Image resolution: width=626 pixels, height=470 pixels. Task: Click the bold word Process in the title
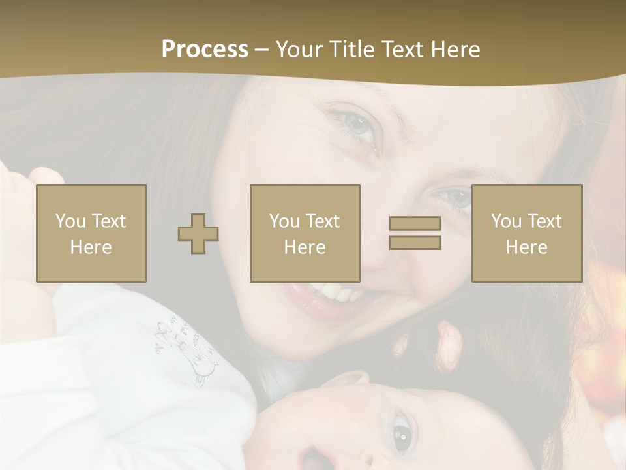[205, 49]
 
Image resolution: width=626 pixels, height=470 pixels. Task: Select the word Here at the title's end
[456, 49]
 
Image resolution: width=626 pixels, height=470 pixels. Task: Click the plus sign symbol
[198, 234]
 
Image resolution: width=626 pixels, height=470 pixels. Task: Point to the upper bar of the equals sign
[415, 224]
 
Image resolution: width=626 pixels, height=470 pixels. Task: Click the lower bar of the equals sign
[415, 243]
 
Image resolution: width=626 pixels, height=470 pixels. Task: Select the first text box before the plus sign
[91, 234]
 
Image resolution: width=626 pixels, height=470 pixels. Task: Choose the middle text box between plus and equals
[305, 234]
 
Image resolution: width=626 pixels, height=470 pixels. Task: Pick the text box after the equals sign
[526, 234]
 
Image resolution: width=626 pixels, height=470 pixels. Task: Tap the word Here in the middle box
[305, 247]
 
